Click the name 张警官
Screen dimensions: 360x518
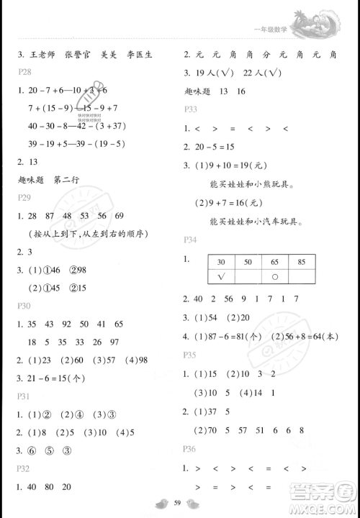78,54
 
